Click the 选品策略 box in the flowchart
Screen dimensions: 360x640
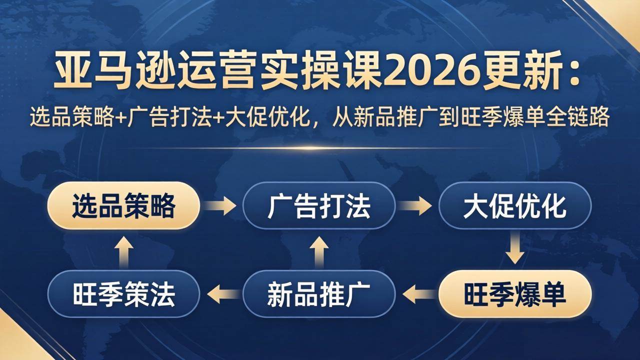(x=123, y=205)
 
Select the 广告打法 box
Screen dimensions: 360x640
(x=318, y=205)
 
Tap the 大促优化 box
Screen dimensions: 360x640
(x=514, y=205)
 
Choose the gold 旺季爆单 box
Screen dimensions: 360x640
(x=514, y=294)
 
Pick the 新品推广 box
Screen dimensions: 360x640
(x=318, y=294)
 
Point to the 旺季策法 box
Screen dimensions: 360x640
(x=123, y=294)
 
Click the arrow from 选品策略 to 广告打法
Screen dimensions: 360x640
(x=221, y=205)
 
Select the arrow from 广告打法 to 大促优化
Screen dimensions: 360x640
(x=416, y=205)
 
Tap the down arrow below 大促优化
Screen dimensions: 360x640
(x=514, y=250)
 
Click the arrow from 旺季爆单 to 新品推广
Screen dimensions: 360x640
(x=416, y=294)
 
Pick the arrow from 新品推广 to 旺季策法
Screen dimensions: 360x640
(x=221, y=294)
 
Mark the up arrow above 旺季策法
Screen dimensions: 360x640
(x=123, y=250)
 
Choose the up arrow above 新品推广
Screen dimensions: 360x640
(x=318, y=250)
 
